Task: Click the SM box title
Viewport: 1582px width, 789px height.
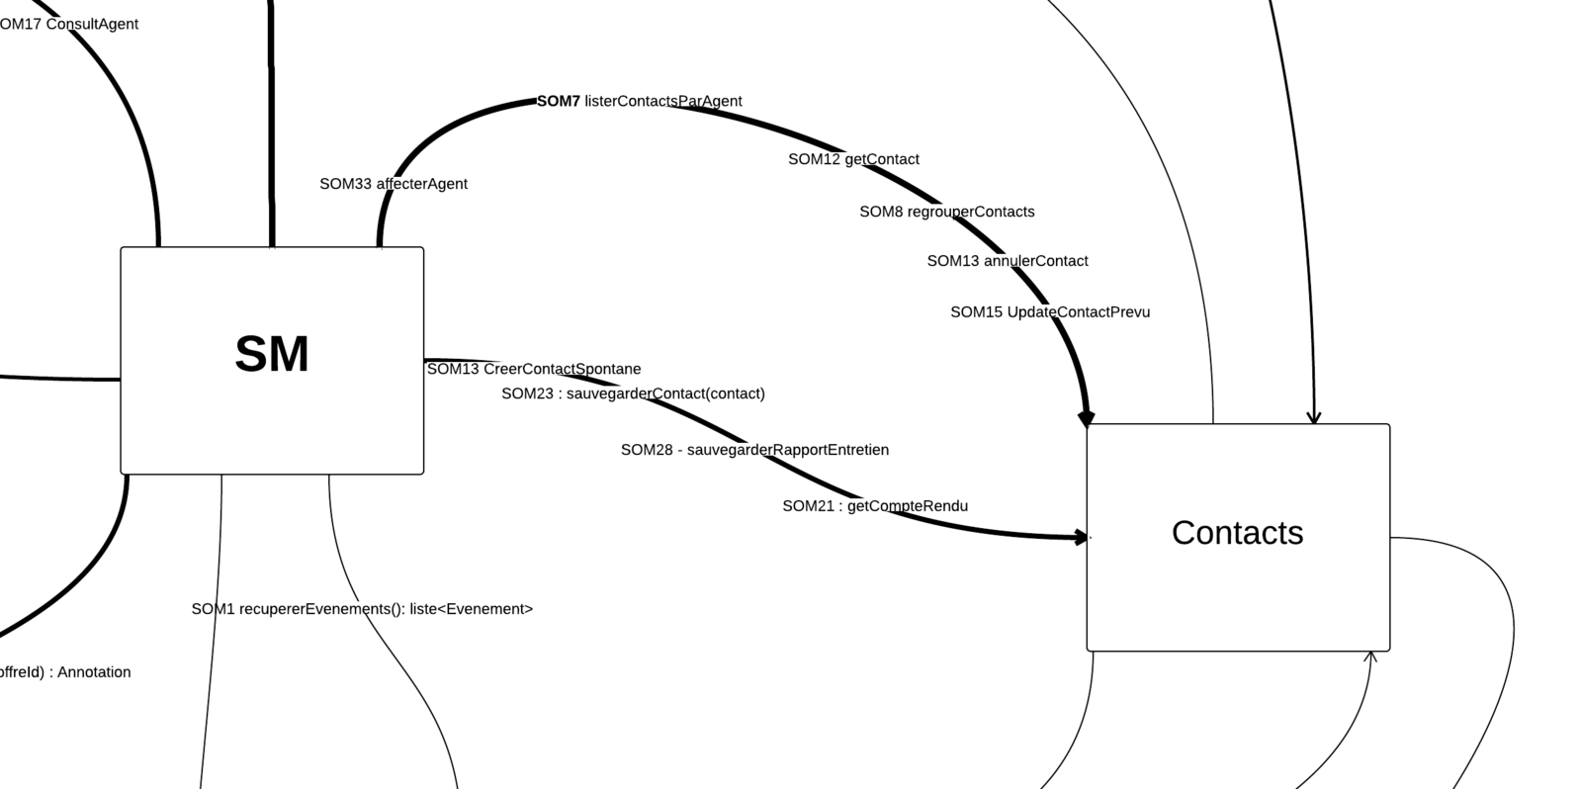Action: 272,354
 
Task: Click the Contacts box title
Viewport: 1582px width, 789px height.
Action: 1237,533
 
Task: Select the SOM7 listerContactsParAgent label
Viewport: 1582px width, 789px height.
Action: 639,101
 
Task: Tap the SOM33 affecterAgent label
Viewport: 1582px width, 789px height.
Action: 394,184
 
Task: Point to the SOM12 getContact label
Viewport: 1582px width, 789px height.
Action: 853,159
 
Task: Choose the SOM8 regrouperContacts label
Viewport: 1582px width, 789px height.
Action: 946,212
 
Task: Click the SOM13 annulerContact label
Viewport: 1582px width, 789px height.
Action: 1007,261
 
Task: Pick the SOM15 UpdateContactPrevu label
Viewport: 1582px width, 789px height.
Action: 1050,312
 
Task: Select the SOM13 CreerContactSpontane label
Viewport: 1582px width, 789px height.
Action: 534,369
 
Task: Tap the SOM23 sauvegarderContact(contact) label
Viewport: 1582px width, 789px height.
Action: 633,394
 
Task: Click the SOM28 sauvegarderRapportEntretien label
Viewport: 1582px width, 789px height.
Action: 754,450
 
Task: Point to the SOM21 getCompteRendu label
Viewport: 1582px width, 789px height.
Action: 875,506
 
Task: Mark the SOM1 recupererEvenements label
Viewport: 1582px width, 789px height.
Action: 362,609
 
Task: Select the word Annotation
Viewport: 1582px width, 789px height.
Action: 94,672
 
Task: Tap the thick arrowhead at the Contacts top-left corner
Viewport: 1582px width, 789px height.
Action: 1086,418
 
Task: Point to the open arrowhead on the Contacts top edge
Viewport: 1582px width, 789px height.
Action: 1314,418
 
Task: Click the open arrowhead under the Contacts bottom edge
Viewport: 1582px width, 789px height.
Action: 1370,657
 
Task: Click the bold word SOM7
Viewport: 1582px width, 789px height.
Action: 559,101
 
